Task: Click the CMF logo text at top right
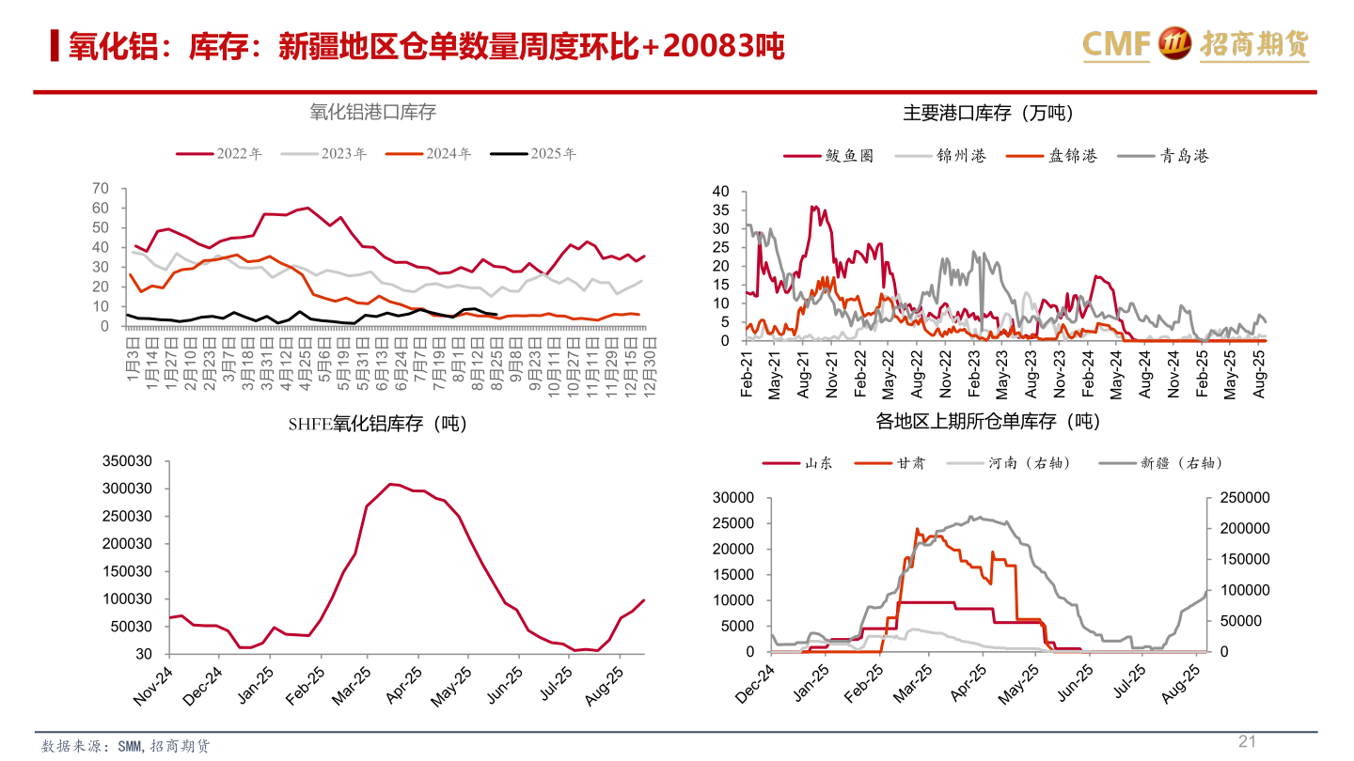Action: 1116,43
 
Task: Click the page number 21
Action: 1247,741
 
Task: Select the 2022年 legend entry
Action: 219,153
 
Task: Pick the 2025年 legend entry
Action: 533,153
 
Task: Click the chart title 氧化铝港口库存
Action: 373,112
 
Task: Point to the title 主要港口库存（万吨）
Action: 988,113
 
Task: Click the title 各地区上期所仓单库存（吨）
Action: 988,422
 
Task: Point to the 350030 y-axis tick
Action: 127,461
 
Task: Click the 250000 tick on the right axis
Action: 1244,498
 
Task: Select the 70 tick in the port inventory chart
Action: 101,188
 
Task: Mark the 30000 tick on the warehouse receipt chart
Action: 734,498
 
